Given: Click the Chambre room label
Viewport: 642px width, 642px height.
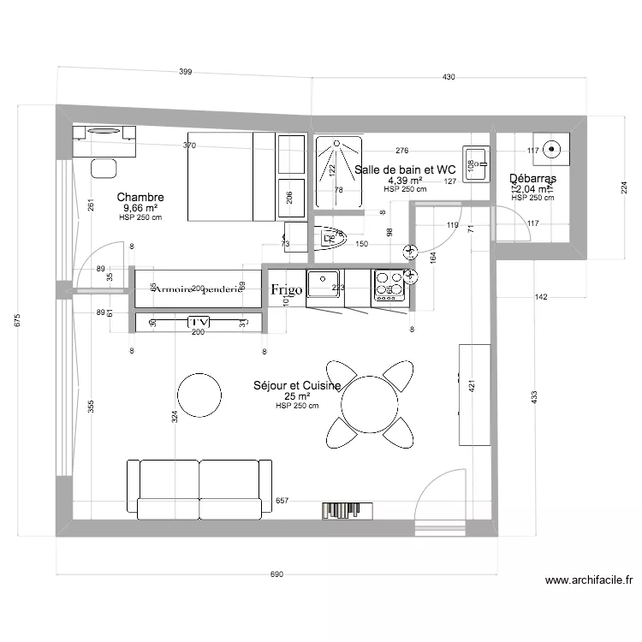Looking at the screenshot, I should click(x=140, y=197).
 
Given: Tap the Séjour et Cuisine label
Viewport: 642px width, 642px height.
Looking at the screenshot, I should click(x=297, y=386).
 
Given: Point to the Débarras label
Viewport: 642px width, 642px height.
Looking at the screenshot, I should click(x=532, y=179).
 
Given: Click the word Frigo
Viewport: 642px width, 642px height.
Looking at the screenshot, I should click(x=286, y=290).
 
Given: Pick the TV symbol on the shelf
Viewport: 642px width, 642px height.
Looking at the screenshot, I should click(x=199, y=321).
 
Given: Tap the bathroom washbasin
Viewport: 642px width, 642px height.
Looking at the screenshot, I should click(x=477, y=163).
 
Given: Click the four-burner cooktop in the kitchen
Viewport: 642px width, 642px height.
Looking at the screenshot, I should click(x=390, y=288).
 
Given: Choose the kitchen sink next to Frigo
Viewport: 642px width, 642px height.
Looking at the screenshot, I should click(x=324, y=288).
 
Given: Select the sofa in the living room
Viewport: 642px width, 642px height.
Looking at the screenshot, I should click(x=199, y=489).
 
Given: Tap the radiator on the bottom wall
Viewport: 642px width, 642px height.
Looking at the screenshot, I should click(x=348, y=510).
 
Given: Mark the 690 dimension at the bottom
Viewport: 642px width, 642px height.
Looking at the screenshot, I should click(x=276, y=575).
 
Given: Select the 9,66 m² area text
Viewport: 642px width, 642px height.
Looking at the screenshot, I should click(x=140, y=208).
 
